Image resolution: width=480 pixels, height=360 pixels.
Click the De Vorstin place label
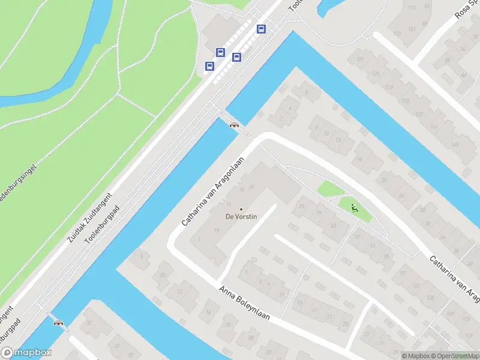[241, 217]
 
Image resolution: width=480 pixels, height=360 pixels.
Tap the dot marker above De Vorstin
[242, 209]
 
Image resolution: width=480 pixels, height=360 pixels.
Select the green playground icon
[353, 209]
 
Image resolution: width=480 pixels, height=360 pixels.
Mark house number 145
[455, 145]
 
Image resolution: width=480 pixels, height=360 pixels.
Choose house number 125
[375, 74]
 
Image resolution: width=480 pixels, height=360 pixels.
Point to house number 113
[412, 8]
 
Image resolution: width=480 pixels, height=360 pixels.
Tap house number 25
[345, 324]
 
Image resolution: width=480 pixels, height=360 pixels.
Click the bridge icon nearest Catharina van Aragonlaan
[234, 125]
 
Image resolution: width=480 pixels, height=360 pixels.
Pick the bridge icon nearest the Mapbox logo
[58, 323]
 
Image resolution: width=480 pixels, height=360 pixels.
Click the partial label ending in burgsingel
[19, 179]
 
